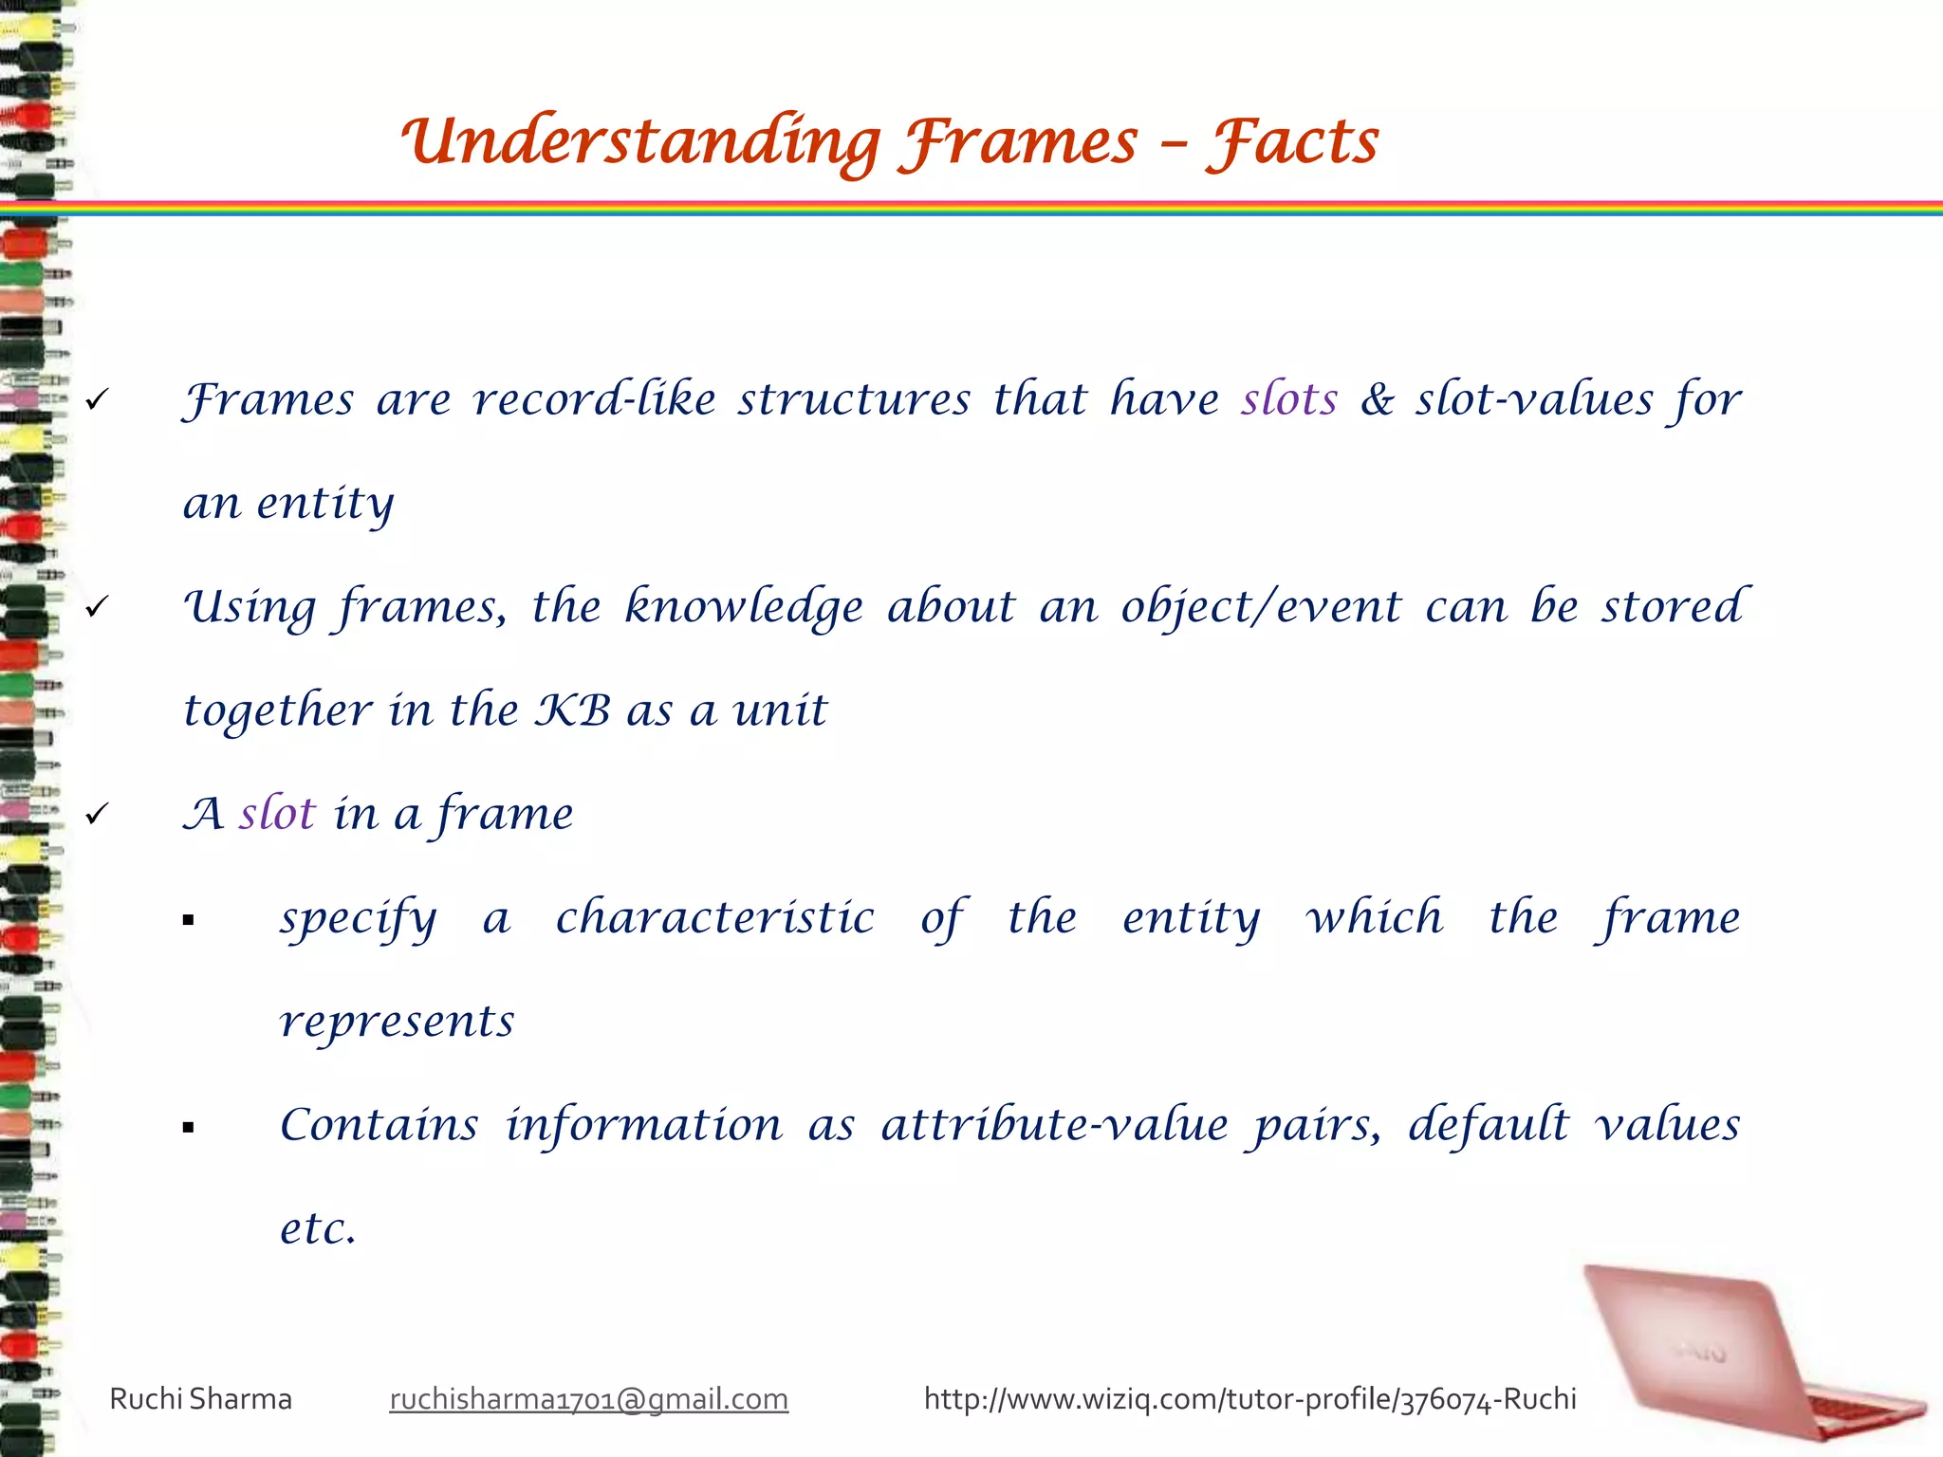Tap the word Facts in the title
tap(1292, 142)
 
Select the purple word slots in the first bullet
tap(1289, 399)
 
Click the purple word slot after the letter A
tap(277, 814)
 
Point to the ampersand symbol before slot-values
tap(1377, 399)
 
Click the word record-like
tap(595, 399)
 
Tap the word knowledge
tap(744, 607)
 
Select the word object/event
tap(1261, 607)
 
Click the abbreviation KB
tap(573, 710)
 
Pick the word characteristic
tap(714, 917)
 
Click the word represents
tap(397, 1022)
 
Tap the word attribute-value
tap(1055, 1125)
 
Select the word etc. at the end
tap(318, 1228)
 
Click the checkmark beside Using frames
tap(97, 607)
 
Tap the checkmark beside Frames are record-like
tap(97, 400)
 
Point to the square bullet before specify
tap(189, 920)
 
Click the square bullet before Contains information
tap(189, 1128)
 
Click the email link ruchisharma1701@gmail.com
tap(588, 1399)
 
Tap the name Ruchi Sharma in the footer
tap(201, 1399)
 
